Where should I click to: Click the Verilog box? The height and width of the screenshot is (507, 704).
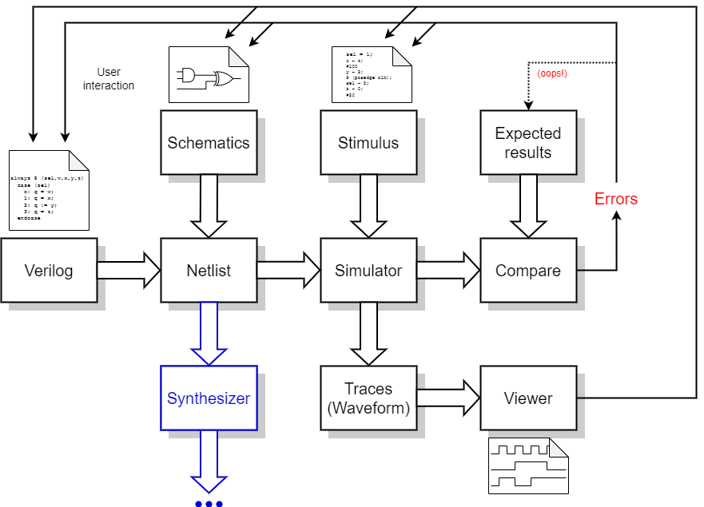pyautogui.click(x=49, y=271)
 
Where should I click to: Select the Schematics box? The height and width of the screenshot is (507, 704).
pyautogui.click(x=209, y=143)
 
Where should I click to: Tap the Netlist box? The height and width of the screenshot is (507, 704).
pyautogui.click(x=209, y=271)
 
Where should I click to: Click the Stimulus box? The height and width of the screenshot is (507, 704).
pyautogui.click(x=368, y=143)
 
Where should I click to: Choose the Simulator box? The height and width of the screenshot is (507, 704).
pyautogui.click(x=368, y=271)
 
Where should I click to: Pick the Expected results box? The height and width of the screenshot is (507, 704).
pyautogui.click(x=528, y=143)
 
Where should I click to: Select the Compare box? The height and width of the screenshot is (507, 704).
pyautogui.click(x=528, y=271)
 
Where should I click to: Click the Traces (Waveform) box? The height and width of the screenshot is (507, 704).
pyautogui.click(x=368, y=398)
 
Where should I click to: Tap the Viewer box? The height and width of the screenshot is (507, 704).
pyautogui.click(x=528, y=398)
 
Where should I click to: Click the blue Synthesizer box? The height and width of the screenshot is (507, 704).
pyautogui.click(x=209, y=398)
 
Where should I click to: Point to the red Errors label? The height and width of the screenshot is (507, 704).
pyautogui.click(x=616, y=199)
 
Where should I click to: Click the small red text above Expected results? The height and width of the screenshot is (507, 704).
pyautogui.click(x=552, y=73)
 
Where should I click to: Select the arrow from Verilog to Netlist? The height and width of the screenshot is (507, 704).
pyautogui.click(x=129, y=271)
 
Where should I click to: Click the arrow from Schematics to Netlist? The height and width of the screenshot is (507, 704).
pyautogui.click(x=209, y=206)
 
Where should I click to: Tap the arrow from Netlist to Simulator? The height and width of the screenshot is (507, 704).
pyautogui.click(x=288, y=271)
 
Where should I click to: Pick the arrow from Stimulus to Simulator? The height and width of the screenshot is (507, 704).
pyautogui.click(x=368, y=206)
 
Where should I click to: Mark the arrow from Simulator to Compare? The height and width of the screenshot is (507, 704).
pyautogui.click(x=448, y=271)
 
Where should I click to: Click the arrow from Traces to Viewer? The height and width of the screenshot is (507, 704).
pyautogui.click(x=448, y=398)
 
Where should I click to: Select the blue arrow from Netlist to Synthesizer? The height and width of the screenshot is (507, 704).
pyautogui.click(x=209, y=334)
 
